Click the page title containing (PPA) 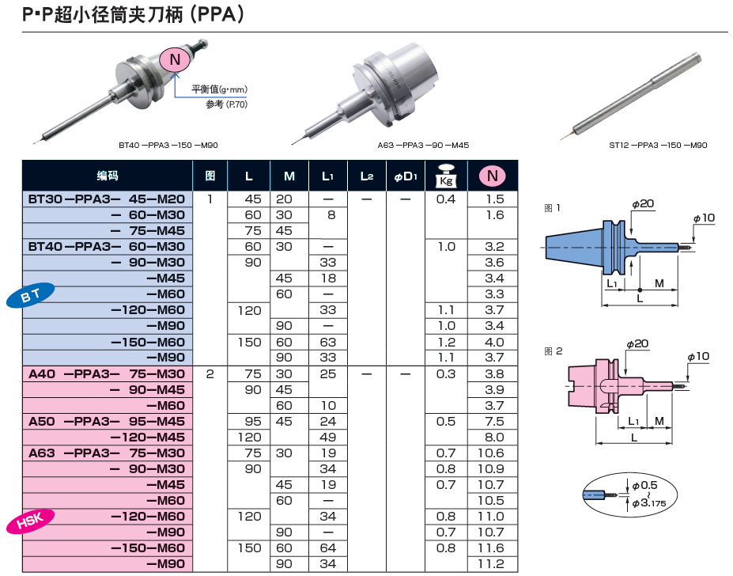click(x=133, y=14)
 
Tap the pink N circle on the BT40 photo click(x=176, y=59)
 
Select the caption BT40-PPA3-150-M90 click(x=168, y=145)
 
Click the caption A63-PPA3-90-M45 click(x=423, y=145)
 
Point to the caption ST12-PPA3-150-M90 click(x=657, y=145)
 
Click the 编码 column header click(x=108, y=176)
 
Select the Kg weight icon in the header click(x=446, y=176)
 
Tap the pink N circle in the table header click(x=493, y=176)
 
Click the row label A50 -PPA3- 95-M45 click(x=107, y=422)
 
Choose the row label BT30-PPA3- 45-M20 click(x=107, y=199)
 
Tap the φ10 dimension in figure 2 click(x=698, y=357)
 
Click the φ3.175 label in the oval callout click(x=648, y=502)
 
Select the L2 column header click(x=366, y=176)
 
